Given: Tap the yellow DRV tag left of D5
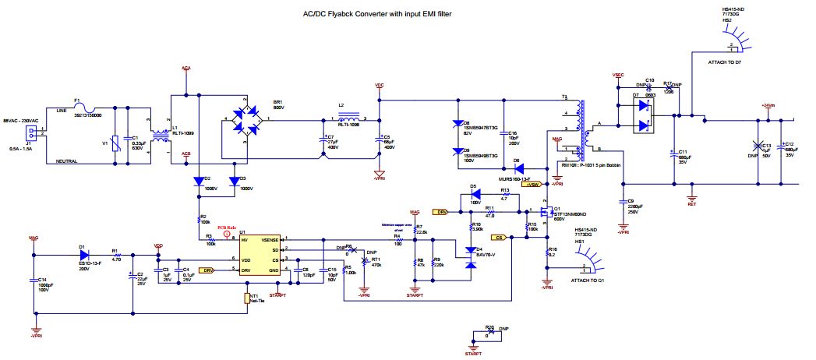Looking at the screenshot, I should [x=441, y=211].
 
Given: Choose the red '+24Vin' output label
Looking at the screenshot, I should [x=770, y=104].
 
